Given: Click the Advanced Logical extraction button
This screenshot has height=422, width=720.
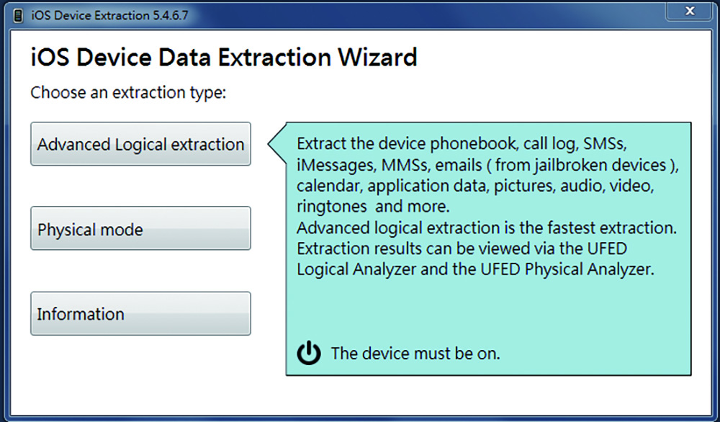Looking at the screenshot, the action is point(140,144).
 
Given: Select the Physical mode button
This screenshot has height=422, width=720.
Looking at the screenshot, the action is point(140,228).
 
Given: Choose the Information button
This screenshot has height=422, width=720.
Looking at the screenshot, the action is point(140,314).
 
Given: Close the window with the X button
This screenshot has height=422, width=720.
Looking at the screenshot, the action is point(689,11).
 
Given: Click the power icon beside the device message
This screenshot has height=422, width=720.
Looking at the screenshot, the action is point(309,353).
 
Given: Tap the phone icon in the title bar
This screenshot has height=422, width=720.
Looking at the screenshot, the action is point(18,16).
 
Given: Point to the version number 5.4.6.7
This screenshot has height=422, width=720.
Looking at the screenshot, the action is point(171,16).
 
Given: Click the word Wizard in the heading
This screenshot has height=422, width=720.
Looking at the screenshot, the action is point(377,57).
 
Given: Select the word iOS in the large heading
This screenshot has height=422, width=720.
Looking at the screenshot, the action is point(50,57).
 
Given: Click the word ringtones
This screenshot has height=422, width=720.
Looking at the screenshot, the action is point(331,207).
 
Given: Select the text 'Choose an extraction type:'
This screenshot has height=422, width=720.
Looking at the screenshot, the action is point(129,93).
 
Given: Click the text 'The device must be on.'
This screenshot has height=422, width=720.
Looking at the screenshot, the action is point(415,353).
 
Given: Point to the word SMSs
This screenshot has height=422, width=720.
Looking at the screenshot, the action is point(604,144).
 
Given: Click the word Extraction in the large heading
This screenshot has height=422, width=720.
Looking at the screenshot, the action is point(274,57).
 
